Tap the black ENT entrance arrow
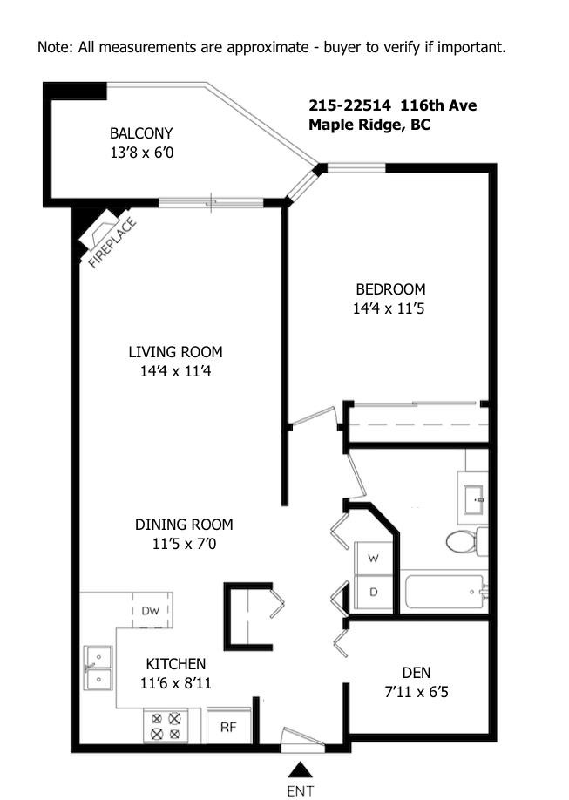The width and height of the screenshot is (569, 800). point(300,769)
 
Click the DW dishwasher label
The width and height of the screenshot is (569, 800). point(150,611)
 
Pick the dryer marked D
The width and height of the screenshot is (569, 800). point(373,593)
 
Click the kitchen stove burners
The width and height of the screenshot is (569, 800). point(166,726)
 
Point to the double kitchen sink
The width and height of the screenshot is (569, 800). point(98,667)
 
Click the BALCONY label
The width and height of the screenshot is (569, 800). point(141,133)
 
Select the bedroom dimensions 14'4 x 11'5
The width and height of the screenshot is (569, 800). point(389,308)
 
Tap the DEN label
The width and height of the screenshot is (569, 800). point(416,672)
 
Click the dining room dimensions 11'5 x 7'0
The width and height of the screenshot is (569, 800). point(183,544)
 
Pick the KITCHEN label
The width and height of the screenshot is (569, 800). point(176,663)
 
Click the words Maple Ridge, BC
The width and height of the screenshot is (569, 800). point(369,125)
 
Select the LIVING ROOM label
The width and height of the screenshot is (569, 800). point(175,352)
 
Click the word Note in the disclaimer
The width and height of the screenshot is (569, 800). point(54,47)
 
